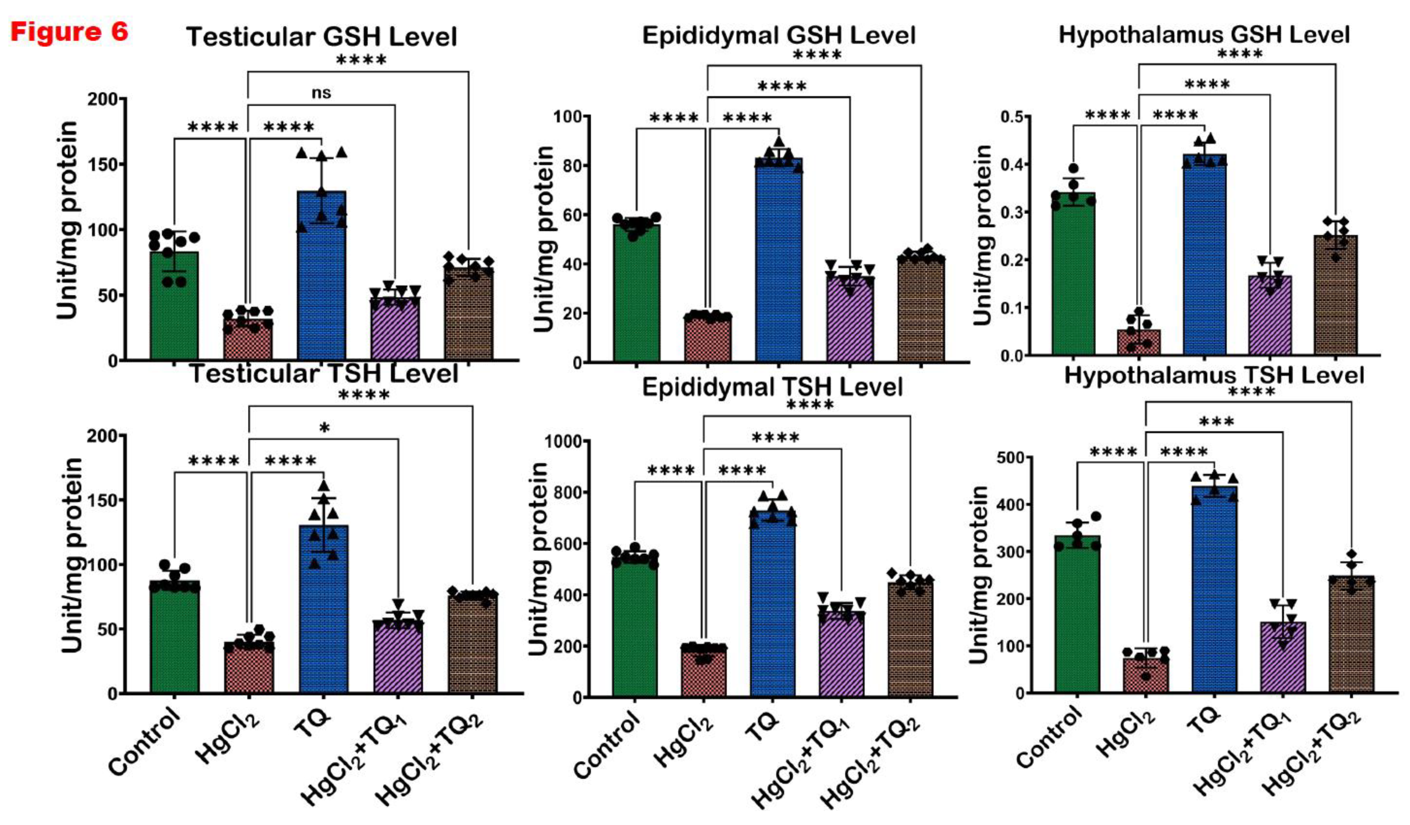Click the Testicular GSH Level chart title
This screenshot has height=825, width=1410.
coord(321,37)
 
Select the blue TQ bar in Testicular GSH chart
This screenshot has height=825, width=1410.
coord(321,274)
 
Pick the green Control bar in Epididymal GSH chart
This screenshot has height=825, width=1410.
coord(636,291)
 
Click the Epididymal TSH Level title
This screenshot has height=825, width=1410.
coord(772,387)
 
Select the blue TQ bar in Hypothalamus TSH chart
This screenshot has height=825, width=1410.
coord(1214,588)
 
